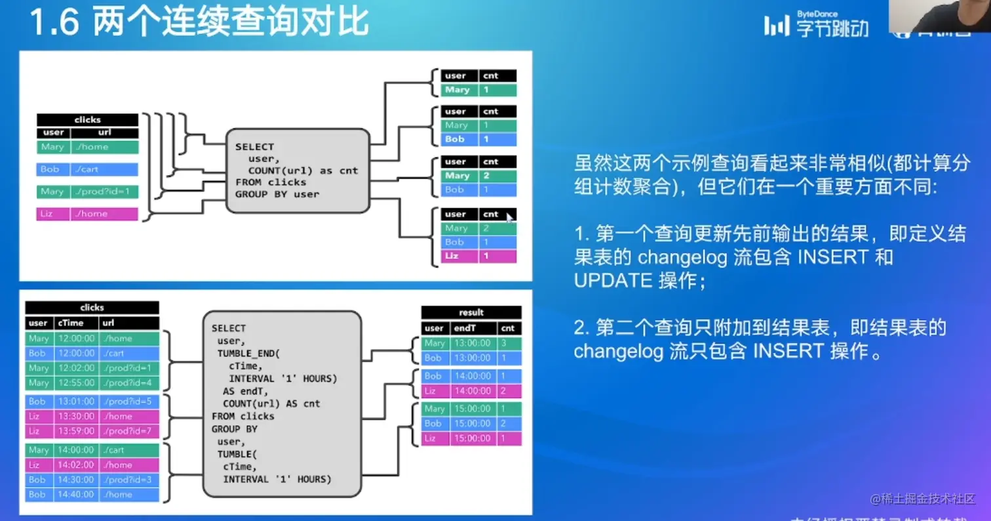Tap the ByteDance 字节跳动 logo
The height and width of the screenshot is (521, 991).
816,25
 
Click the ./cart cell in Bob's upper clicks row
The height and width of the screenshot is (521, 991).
104,169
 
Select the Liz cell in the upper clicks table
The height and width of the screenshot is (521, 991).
52,214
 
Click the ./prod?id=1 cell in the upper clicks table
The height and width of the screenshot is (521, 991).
104,192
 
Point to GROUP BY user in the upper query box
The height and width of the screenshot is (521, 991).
277,194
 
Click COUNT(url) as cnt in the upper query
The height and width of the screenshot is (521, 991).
303,171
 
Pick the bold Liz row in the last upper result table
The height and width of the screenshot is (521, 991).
478,256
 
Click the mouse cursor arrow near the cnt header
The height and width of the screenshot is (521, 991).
510,217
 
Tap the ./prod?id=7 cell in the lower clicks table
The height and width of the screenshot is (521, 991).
128,431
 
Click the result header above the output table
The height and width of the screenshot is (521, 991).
471,312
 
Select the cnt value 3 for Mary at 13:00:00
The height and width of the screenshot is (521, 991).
509,343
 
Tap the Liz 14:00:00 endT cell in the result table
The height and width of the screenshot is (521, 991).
472,391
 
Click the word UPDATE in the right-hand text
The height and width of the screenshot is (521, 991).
613,280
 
